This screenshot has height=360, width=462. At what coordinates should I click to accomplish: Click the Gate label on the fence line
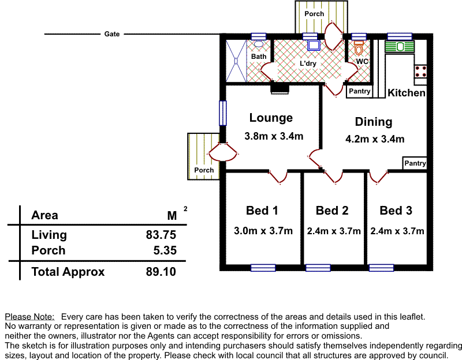(x=112, y=34)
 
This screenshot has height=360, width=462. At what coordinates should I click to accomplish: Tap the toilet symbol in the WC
(x=359, y=48)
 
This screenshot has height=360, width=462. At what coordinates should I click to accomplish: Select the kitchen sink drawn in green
(x=400, y=47)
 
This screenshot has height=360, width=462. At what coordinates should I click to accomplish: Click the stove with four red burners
(x=420, y=71)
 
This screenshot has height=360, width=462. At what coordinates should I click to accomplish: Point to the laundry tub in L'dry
(x=314, y=46)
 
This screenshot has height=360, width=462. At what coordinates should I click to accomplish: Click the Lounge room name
(x=271, y=118)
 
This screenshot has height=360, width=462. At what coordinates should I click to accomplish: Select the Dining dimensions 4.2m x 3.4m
(x=375, y=138)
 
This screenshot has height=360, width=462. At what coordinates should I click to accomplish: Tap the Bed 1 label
(x=262, y=211)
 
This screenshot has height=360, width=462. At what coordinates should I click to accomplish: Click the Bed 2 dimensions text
(x=334, y=231)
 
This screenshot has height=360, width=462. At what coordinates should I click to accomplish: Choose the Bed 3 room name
(x=396, y=211)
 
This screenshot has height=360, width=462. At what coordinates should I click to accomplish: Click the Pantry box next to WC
(x=359, y=91)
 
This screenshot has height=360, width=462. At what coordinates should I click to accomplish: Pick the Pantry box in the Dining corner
(x=415, y=163)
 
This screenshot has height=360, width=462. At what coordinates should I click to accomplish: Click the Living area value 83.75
(x=161, y=235)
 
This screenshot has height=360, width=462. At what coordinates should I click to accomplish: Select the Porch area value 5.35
(x=165, y=250)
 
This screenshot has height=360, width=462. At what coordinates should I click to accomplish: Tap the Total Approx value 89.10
(x=161, y=271)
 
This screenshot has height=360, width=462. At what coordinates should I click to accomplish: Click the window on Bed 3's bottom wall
(x=381, y=268)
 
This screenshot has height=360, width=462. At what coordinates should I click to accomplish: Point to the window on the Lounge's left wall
(x=223, y=113)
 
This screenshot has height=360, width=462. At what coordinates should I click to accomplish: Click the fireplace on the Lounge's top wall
(x=280, y=89)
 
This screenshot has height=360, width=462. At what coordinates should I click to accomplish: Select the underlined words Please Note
(x=30, y=317)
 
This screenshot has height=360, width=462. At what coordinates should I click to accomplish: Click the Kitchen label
(x=407, y=93)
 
